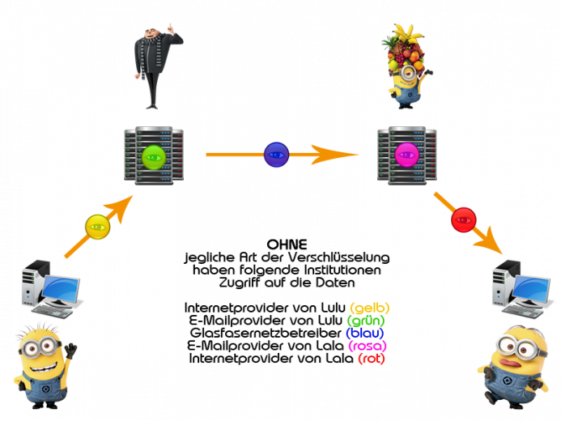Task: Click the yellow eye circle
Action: pos(97,227)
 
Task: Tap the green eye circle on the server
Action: pos(154,157)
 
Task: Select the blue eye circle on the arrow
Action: pos(276,155)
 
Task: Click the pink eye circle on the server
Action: pos(407,155)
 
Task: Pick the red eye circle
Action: pos(464,220)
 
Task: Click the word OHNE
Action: pos(287,245)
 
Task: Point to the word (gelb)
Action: pos(370,308)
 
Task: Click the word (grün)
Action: pos(366,320)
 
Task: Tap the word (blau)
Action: pos(364,333)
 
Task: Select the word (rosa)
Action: pos(368,346)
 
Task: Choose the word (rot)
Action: pos(372,358)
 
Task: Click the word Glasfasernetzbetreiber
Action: pos(266,333)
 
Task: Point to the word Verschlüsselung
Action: pos(339,257)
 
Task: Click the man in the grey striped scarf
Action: pos(156,66)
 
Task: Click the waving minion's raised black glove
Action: pos(71,351)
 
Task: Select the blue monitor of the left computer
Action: pos(60,288)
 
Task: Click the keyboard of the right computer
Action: pos(521,312)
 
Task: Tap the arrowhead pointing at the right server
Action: pos(334,155)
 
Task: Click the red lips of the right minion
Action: pos(511,363)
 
